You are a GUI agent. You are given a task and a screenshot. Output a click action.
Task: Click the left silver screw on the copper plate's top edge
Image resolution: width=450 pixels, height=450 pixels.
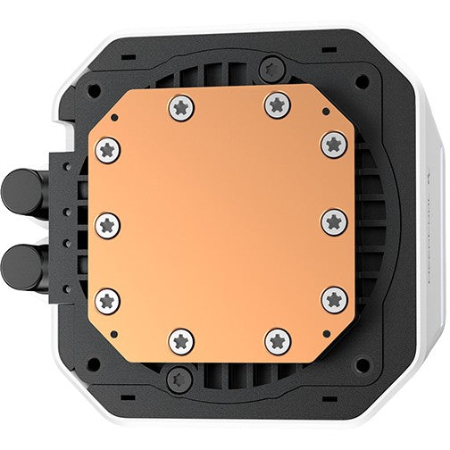click(x=180, y=107)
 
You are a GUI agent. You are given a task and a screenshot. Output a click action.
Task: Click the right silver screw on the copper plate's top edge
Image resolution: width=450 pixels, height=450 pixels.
click(x=277, y=105)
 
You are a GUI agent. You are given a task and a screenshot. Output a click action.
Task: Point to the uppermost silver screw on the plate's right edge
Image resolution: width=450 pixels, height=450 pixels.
click(x=334, y=144)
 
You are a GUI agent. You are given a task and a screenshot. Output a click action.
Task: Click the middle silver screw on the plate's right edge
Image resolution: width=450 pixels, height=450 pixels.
click(x=334, y=221)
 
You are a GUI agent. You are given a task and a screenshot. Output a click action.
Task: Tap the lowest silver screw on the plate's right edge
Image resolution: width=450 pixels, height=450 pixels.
click(x=334, y=299)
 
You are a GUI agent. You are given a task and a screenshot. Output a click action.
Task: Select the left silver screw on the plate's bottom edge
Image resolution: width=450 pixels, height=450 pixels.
click(x=181, y=340)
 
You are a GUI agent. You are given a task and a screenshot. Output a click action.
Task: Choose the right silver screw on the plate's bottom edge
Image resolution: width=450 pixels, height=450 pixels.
click(x=278, y=340)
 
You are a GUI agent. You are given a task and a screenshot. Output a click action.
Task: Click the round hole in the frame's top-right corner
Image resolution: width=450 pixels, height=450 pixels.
click(x=361, y=81)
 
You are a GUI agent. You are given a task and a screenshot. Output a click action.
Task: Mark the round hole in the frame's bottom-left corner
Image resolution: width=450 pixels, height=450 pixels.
click(x=92, y=364)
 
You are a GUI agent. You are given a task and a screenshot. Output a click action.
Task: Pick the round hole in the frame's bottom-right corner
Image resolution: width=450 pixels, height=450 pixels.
click(x=361, y=364)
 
